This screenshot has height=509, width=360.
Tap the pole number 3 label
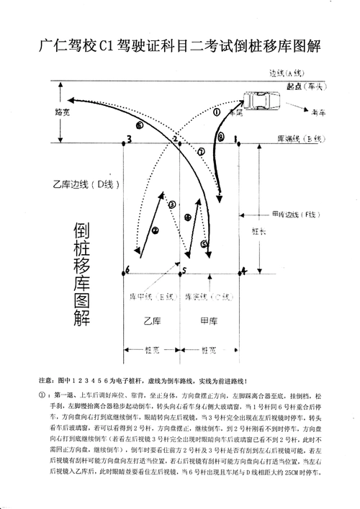click(128, 139)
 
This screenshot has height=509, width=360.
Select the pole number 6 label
click(127, 270)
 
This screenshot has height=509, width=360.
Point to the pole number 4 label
click(243, 271)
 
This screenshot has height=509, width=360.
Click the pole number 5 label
click(184, 271)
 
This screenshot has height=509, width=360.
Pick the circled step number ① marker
click(217, 112)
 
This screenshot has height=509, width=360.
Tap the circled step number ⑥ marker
click(139, 125)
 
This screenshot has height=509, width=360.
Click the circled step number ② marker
click(155, 230)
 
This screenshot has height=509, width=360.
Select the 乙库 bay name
click(151, 319)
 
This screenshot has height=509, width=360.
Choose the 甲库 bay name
click(208, 319)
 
